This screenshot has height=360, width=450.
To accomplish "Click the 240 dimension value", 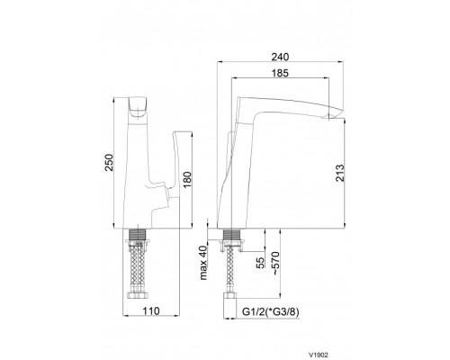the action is click(x=280, y=57).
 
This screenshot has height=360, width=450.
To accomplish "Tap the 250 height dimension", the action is click(x=108, y=163).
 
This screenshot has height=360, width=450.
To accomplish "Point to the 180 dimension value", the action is click(x=187, y=180).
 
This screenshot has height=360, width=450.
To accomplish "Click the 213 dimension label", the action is click(x=340, y=173).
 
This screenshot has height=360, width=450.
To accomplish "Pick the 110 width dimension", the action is click(x=150, y=311).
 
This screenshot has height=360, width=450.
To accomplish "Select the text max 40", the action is click(x=203, y=263).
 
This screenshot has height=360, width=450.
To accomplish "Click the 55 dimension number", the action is click(x=261, y=263).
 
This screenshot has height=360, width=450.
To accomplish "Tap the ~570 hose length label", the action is click(x=275, y=263).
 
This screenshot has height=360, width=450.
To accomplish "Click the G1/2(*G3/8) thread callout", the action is click(x=271, y=312).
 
